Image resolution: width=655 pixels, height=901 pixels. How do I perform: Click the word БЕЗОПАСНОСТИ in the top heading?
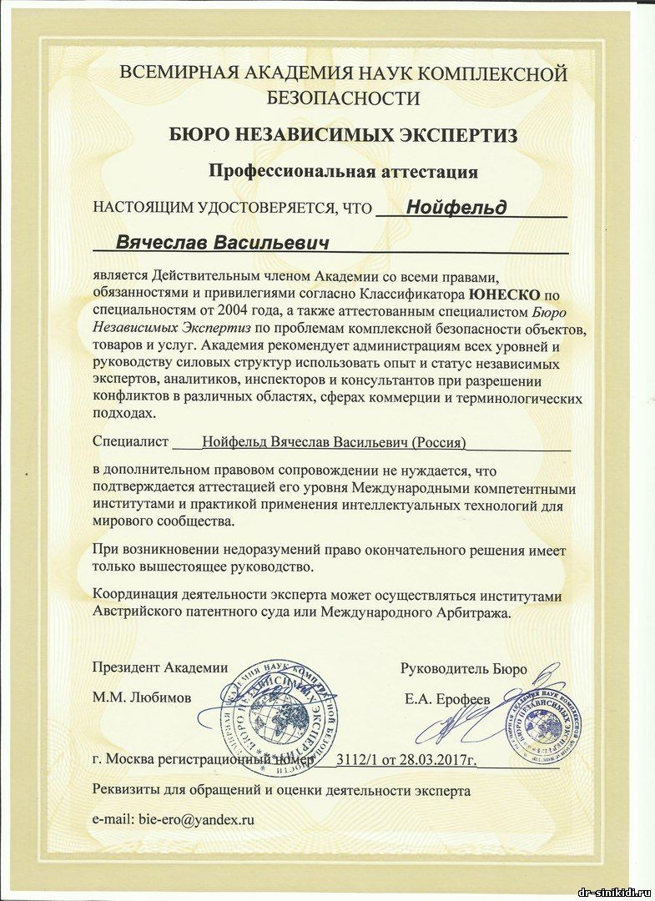click(343, 98)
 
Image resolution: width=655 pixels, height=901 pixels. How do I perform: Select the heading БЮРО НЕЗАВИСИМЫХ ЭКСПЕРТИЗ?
click(343, 134)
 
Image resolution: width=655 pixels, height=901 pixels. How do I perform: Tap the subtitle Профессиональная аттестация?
click(343, 172)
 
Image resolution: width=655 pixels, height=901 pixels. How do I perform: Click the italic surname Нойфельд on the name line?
click(456, 207)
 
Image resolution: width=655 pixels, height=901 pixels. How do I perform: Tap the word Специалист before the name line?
click(131, 441)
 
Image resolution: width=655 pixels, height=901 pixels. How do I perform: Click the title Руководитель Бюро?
click(464, 668)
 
